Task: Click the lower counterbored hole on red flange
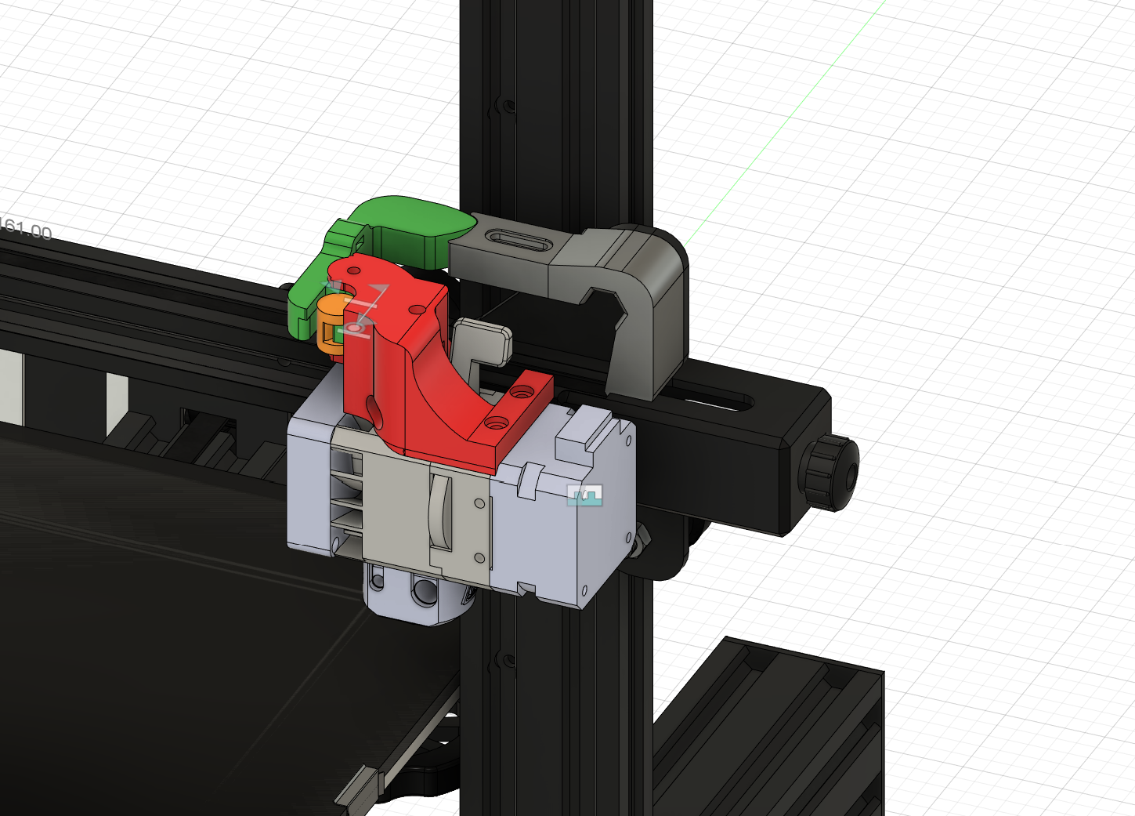pos(493,423)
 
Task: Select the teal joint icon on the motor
pos(584,495)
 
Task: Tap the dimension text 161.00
pos(25,230)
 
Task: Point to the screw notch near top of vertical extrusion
pos(505,106)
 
